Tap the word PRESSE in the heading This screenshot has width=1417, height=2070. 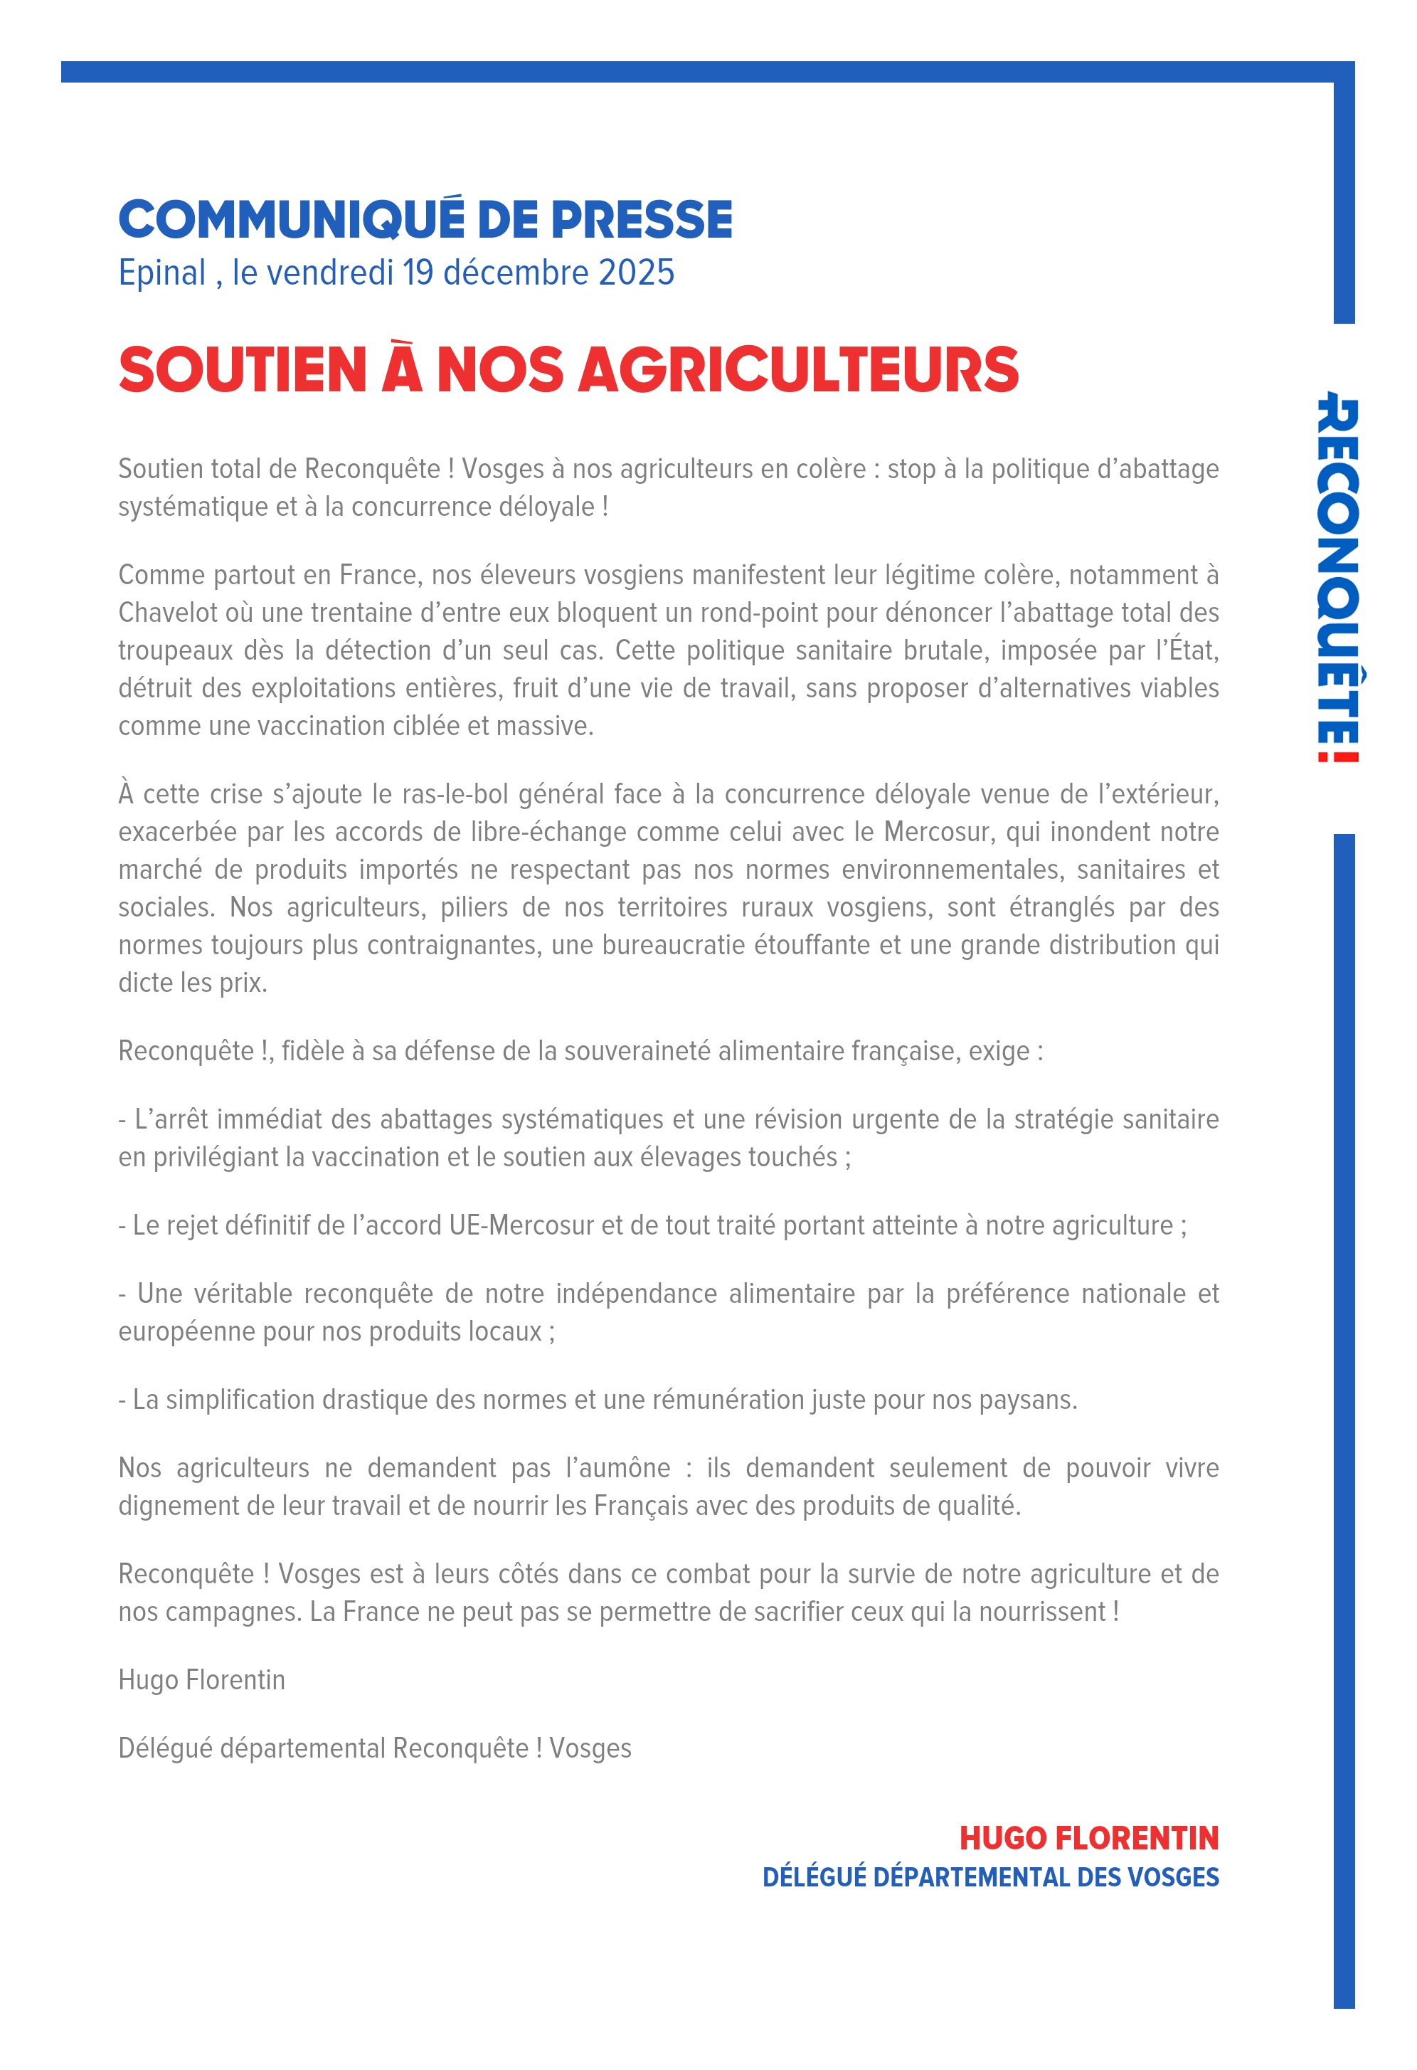point(641,220)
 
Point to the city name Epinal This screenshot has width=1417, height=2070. point(162,273)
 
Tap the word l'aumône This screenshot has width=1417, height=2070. point(618,1468)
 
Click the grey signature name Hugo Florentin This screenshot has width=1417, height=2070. point(201,1680)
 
